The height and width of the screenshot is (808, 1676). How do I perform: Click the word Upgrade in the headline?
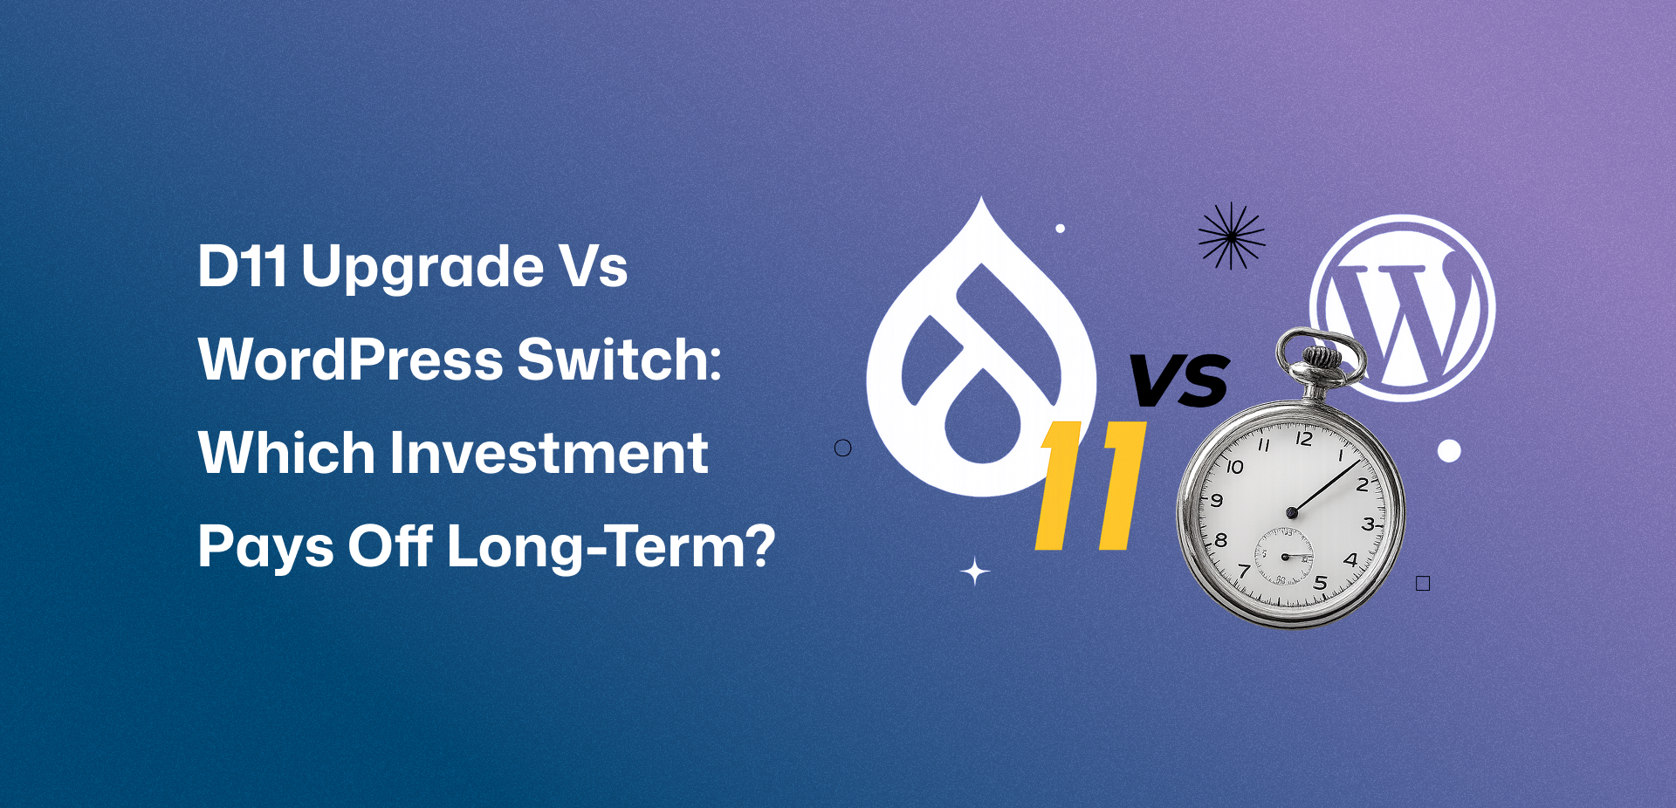(422, 268)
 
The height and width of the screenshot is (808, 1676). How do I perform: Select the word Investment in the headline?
(548, 453)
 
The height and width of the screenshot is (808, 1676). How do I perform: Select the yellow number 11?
(1091, 485)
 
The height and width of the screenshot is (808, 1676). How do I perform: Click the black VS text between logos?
(1179, 380)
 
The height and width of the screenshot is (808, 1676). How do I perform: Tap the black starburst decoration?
(1231, 236)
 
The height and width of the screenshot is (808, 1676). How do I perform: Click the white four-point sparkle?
(975, 572)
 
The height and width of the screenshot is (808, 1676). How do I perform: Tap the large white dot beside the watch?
(1449, 451)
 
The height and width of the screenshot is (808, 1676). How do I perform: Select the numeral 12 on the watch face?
(1303, 439)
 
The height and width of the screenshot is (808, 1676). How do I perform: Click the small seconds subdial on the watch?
(1284, 557)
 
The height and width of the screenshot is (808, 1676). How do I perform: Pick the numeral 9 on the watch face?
(1216, 500)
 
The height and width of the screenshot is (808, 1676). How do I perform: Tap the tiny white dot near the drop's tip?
(1061, 229)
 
